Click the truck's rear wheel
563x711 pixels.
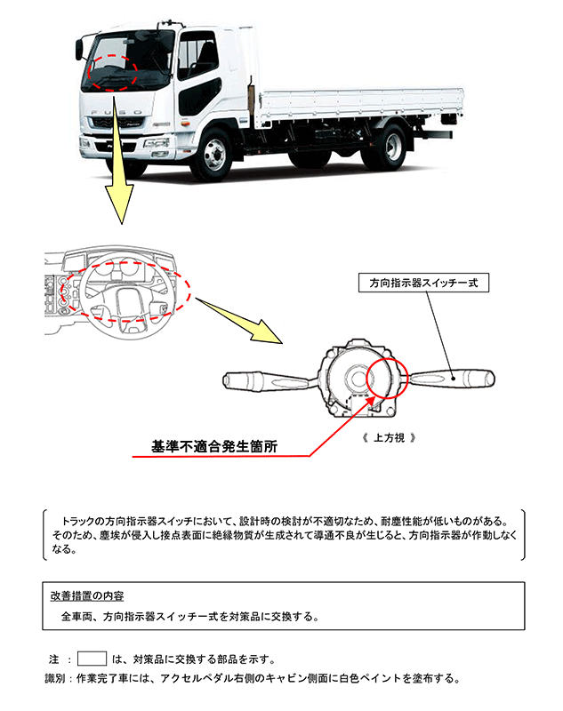click(384, 145)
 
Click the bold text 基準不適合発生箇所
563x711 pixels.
click(214, 447)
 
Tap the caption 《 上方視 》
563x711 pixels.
click(384, 438)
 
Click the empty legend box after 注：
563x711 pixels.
click(92, 659)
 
